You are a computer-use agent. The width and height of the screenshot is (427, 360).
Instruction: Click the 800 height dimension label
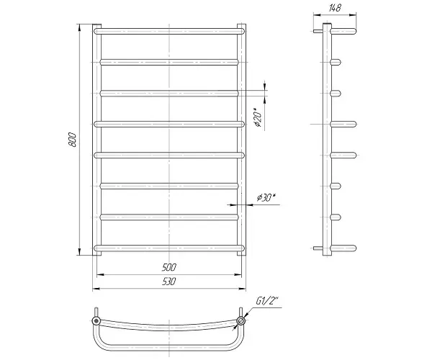pyautogui.click(x=73, y=140)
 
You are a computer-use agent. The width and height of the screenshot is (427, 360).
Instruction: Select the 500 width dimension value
pyautogui.click(x=168, y=267)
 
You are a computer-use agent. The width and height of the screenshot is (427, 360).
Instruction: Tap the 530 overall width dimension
pyautogui.click(x=168, y=282)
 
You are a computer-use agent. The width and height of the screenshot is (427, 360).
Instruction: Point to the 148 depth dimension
pyautogui.click(x=335, y=8)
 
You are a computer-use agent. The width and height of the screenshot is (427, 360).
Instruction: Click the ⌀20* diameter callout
pyautogui.click(x=257, y=117)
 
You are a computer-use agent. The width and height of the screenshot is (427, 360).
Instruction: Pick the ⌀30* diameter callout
pyautogui.click(x=266, y=197)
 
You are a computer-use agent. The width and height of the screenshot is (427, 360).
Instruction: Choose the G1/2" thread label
pyautogui.click(x=267, y=301)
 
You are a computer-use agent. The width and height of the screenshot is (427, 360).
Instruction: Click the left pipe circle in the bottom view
pyautogui.click(x=96, y=320)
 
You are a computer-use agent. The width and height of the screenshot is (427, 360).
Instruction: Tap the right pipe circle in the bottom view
pyautogui.click(x=241, y=320)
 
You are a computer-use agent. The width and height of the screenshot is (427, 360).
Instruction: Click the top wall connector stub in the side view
pyautogui.click(x=318, y=31)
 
